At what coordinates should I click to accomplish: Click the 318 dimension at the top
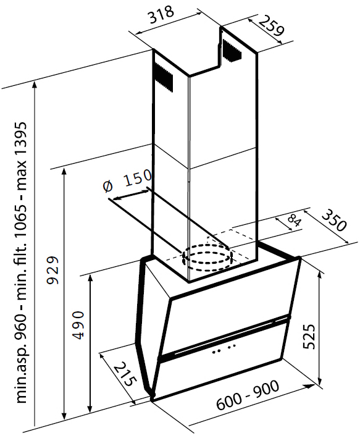point(161,15)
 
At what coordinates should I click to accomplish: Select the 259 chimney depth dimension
point(270,26)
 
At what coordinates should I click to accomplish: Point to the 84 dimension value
point(294,221)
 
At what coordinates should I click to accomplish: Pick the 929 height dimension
point(52,270)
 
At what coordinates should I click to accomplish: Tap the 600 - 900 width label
point(248,395)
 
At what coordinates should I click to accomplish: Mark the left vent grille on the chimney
point(163,76)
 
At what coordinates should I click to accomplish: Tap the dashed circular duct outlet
point(207,258)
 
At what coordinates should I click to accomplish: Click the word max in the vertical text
point(22,175)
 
